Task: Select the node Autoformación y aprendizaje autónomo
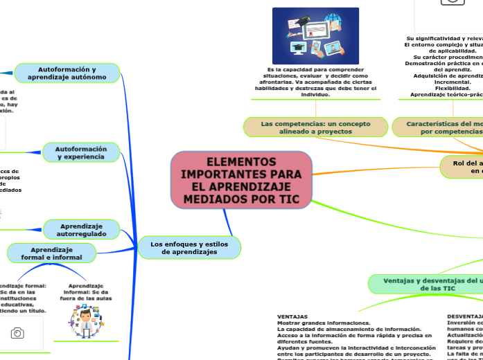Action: click(67, 73)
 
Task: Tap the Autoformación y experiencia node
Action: click(80, 153)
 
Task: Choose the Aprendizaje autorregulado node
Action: click(81, 230)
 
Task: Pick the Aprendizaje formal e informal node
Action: click(51, 253)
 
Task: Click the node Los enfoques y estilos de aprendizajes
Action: click(189, 247)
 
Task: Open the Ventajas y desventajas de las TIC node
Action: click(423, 284)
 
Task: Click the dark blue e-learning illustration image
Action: click(315, 36)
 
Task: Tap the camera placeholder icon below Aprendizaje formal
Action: click(17, 334)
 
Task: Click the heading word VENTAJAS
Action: click(292, 316)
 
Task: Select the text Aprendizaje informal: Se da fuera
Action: click(87, 291)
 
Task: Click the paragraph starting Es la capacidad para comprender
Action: click(315, 82)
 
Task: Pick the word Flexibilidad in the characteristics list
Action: click(453, 88)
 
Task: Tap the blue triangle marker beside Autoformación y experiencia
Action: click(29, 152)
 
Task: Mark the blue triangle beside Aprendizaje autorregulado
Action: click(29, 228)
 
